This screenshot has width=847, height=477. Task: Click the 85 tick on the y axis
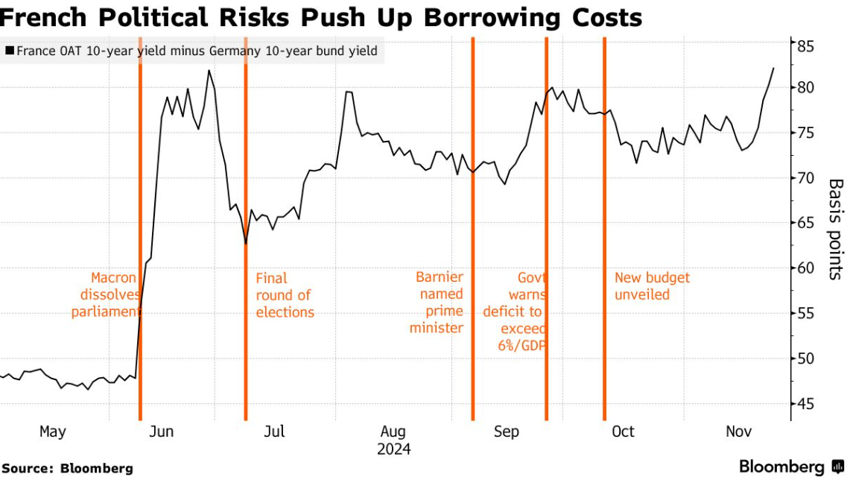pos(806,47)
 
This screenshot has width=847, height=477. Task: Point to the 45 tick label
pos(806,404)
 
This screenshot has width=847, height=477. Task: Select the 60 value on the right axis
pos(806,268)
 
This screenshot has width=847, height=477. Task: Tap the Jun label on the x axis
pos(162,432)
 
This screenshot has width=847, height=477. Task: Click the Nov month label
pos(739,432)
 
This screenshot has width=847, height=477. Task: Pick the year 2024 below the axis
pos(393,449)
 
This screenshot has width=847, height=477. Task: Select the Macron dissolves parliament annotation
pos(105,295)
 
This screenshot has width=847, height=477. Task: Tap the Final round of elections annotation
pos(285,295)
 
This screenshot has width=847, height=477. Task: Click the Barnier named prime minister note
pos(439,303)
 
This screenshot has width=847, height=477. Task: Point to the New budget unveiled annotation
pos(652,286)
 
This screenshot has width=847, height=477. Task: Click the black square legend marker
pos(9,51)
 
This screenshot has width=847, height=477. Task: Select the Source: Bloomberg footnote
pos(67,468)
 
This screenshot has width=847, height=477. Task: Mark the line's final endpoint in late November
pos(773,69)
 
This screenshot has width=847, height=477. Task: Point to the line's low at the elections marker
pos(246,243)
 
